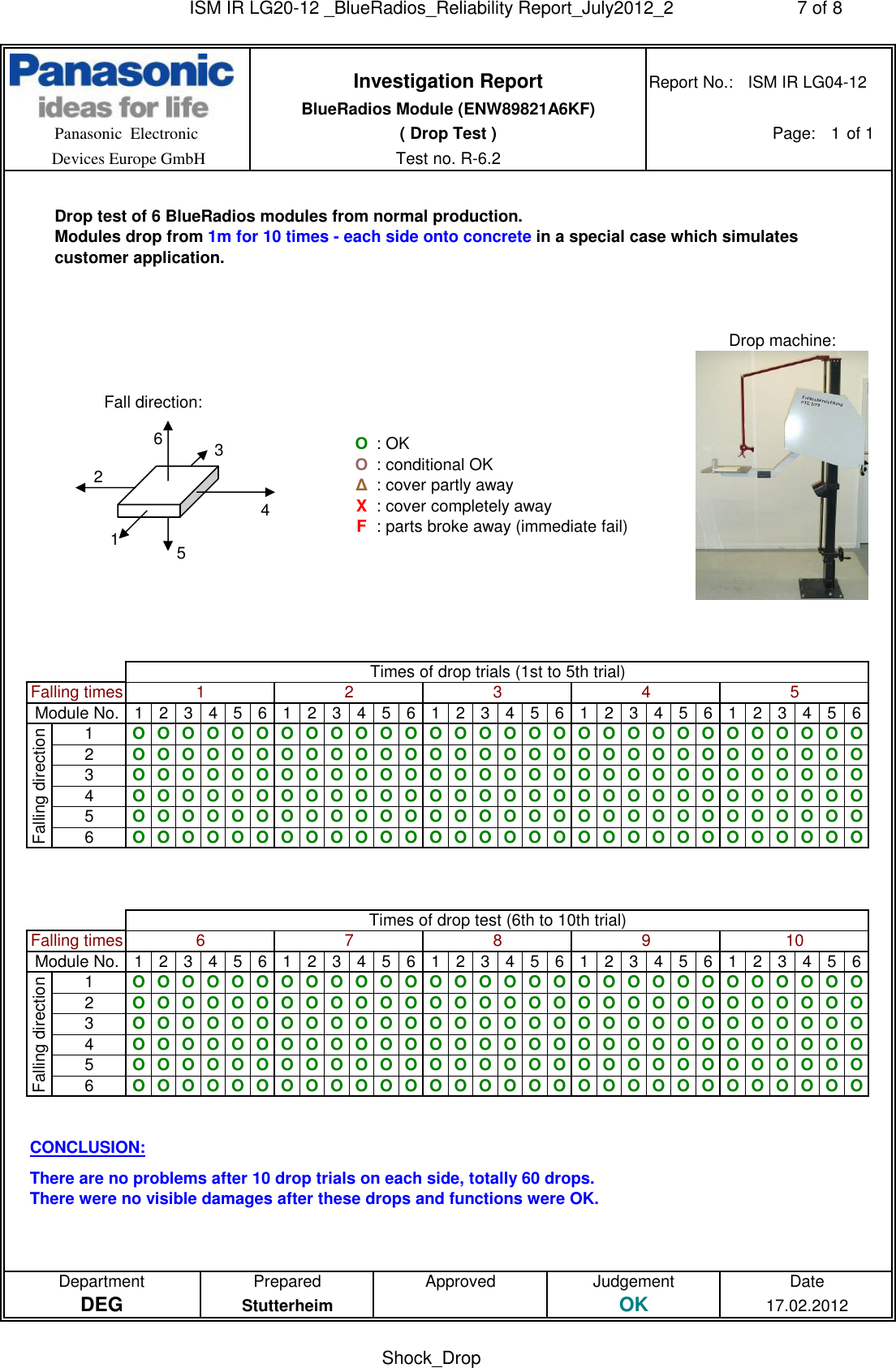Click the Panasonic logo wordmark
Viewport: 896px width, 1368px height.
[122, 72]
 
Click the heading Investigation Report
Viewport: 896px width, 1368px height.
[447, 81]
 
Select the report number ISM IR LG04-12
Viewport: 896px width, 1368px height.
[807, 82]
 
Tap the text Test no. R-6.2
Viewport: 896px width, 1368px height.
[447, 158]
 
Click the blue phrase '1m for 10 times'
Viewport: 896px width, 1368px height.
[268, 236]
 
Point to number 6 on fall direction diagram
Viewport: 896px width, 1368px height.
[158, 438]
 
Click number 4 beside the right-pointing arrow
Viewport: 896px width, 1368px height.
[265, 510]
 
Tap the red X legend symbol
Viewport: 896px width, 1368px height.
[361, 506]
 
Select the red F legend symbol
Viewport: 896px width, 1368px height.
[361, 526]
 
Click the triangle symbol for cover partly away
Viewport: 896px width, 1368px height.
[361, 485]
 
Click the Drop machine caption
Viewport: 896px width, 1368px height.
[782, 340]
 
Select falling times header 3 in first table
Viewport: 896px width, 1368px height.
[497, 692]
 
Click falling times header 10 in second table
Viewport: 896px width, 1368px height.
[794, 940]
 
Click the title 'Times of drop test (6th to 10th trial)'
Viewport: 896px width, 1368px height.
[497, 920]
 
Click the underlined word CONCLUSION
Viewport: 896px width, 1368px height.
[88, 1147]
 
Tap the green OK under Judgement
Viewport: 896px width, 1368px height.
[633, 1305]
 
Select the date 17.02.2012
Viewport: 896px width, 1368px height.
[807, 1305]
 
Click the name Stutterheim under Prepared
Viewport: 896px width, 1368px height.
[286, 1305]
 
